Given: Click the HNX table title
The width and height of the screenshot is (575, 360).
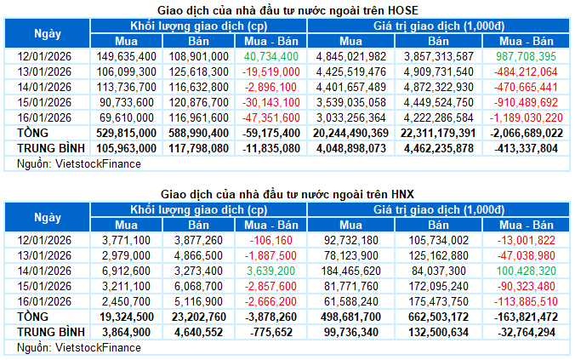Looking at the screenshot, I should click(x=288, y=195).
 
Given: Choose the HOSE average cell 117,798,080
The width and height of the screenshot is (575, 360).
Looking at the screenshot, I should click(x=199, y=147).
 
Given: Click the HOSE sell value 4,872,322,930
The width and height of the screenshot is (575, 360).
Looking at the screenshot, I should click(x=438, y=87).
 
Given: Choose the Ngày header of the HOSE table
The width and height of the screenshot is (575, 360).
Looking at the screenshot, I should click(x=48, y=33).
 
